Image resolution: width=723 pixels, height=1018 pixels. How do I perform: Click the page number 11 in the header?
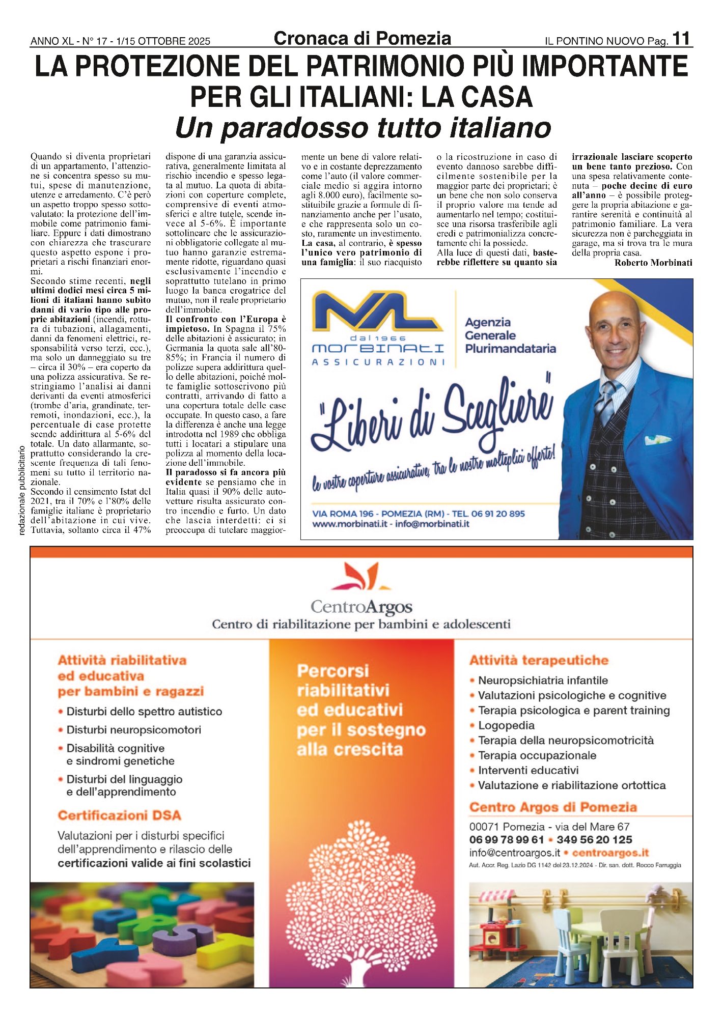click(681, 39)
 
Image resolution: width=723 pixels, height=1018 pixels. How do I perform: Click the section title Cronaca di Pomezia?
click(362, 39)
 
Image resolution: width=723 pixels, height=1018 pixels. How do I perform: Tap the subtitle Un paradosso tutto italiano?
click(363, 128)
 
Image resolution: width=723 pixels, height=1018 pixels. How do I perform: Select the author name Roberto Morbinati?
click(653, 263)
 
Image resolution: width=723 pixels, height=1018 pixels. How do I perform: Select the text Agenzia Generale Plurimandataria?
click(510, 335)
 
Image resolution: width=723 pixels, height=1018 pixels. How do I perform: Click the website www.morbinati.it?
click(347, 524)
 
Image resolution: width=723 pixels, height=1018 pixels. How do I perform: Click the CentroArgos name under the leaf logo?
click(361, 607)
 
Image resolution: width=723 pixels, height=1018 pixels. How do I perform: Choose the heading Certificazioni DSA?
click(119, 815)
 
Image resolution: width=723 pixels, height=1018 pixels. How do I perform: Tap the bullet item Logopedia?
click(506, 725)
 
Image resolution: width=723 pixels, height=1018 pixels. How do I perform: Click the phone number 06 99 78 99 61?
click(507, 840)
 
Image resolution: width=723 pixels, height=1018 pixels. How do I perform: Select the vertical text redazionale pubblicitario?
click(21, 491)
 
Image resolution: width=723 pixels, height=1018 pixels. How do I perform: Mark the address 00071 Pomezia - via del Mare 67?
click(549, 827)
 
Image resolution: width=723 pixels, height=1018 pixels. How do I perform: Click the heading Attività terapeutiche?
click(539, 660)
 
